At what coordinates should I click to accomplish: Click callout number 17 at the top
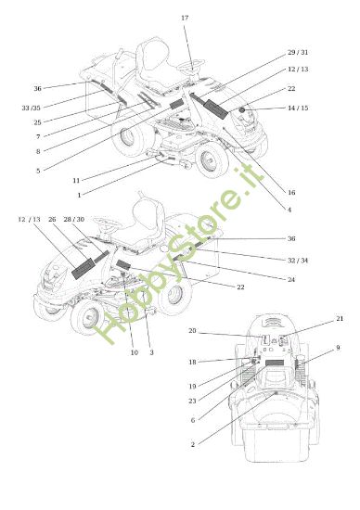(x=184, y=19)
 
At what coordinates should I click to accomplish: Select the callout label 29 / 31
(x=298, y=53)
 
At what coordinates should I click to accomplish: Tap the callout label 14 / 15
(x=298, y=109)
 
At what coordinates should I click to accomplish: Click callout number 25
(x=37, y=122)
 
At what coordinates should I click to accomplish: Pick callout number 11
(x=76, y=179)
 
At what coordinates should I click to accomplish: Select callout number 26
(x=52, y=220)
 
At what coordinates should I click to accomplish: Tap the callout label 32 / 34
(x=298, y=261)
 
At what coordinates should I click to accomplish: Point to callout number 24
(x=291, y=279)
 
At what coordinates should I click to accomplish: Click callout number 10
(x=134, y=352)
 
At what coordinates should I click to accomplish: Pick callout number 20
(x=192, y=331)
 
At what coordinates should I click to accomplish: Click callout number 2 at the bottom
(x=192, y=444)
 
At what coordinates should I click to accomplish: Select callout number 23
(x=192, y=401)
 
